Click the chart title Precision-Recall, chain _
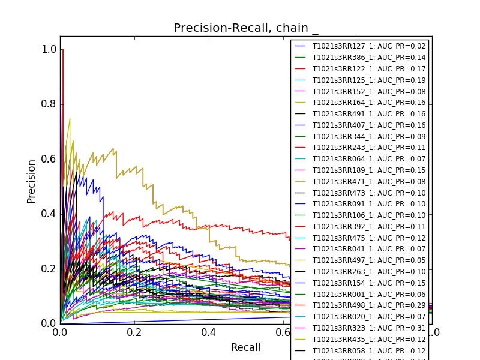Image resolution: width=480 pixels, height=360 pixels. [x=246, y=28]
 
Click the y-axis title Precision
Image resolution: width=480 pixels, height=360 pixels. [x=31, y=181]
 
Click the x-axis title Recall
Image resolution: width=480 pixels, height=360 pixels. [x=246, y=347]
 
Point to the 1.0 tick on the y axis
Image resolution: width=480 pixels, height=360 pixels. [x=49, y=49]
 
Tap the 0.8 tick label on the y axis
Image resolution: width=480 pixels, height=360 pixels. [x=49, y=104]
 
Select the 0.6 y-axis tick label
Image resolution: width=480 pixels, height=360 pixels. [x=49, y=159]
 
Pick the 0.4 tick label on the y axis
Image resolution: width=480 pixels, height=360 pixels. [x=49, y=214]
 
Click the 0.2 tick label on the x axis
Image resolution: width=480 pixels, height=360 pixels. [x=134, y=332]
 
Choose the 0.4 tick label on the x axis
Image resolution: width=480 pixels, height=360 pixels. [x=209, y=332]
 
